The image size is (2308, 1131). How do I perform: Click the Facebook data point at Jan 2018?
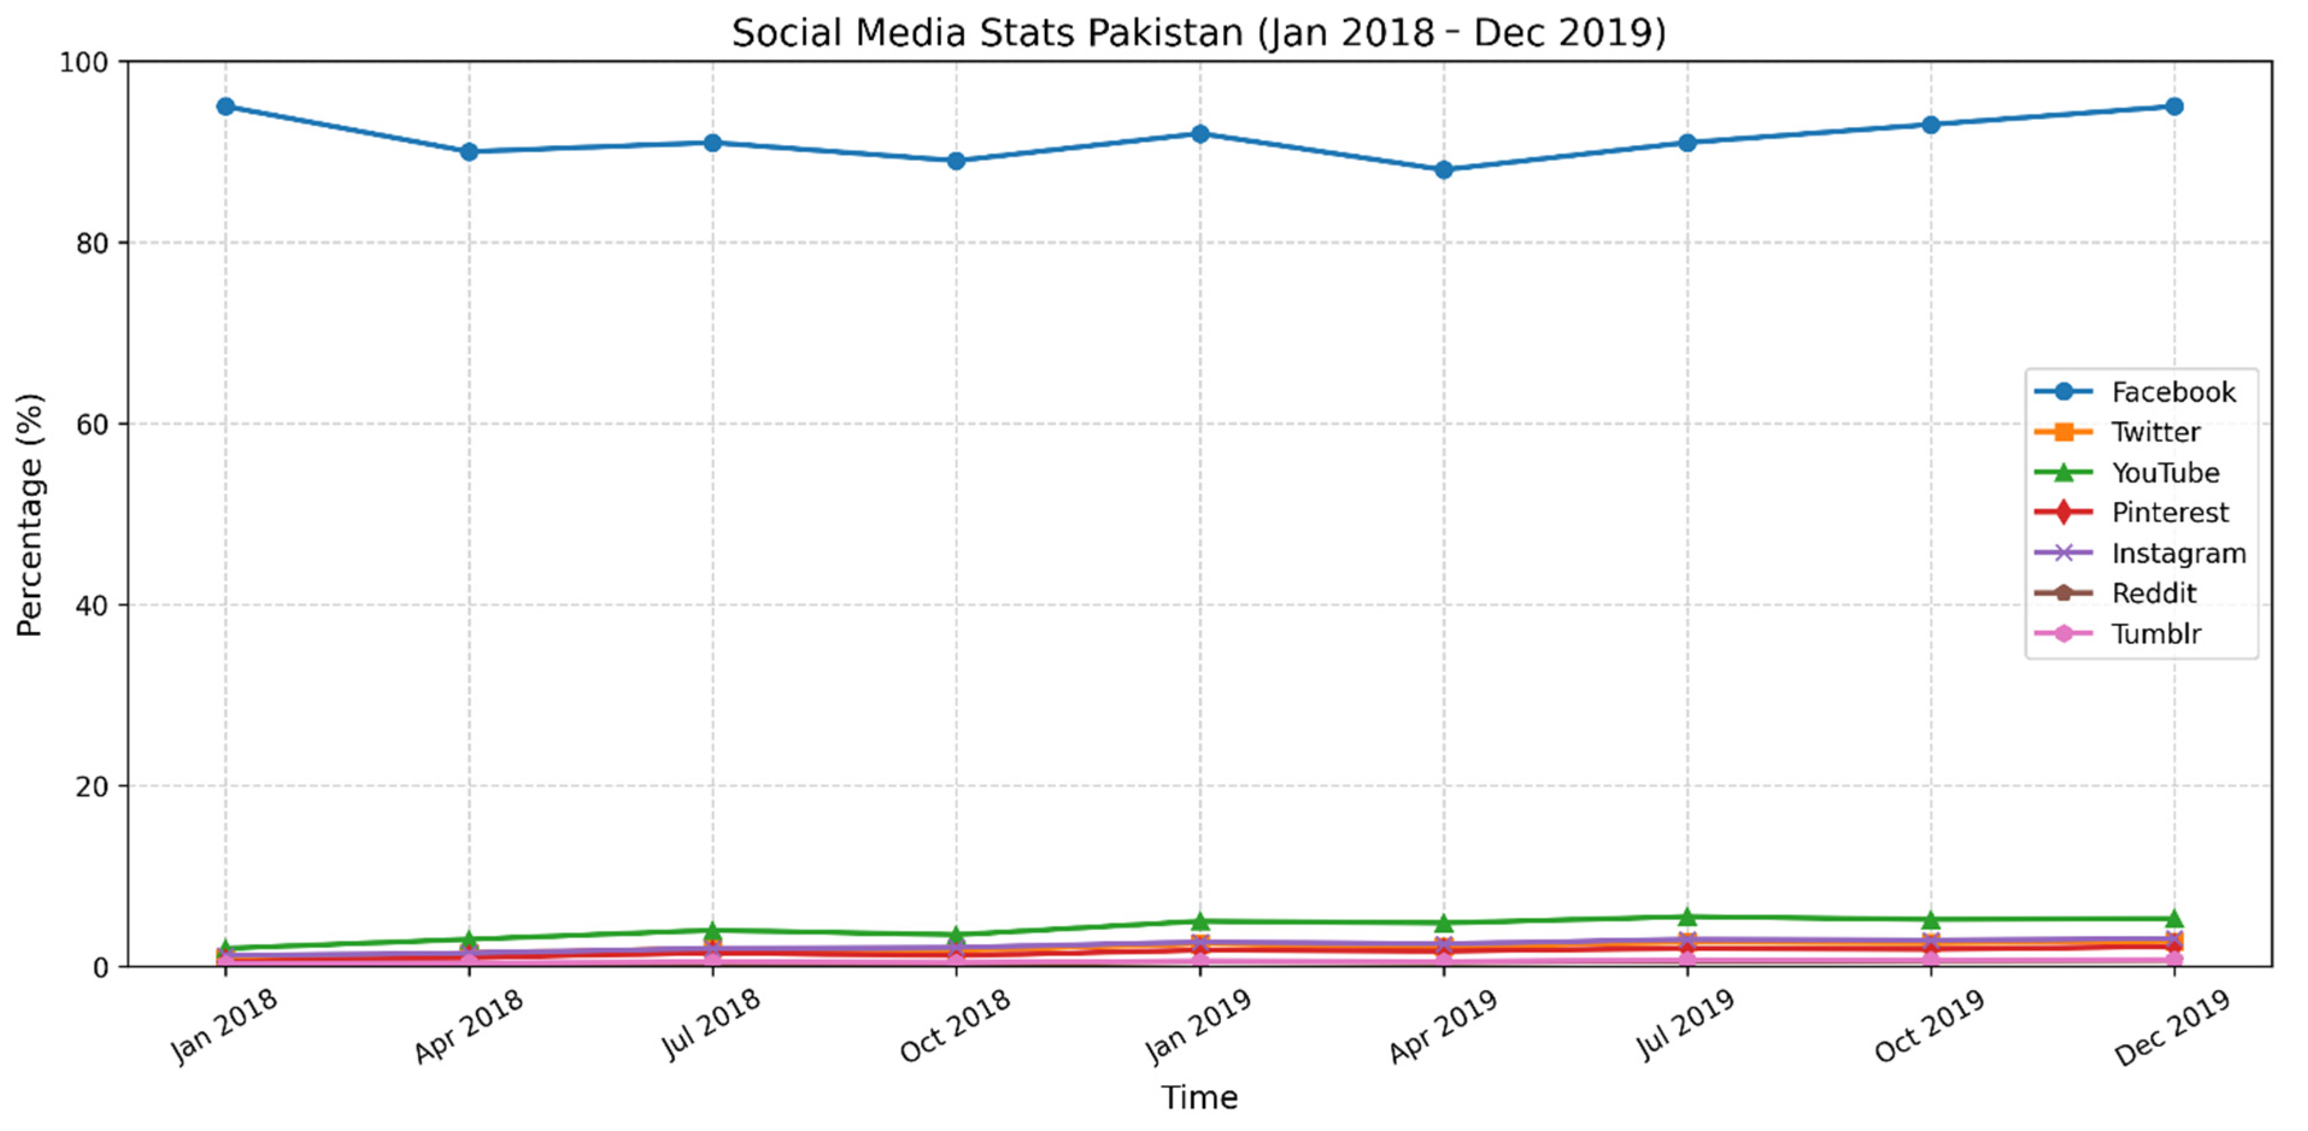click(x=226, y=107)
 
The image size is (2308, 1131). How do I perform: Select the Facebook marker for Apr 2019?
click(x=1443, y=169)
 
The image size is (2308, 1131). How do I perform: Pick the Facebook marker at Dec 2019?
click(x=2174, y=107)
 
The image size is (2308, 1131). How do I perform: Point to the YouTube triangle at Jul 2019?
click(x=1687, y=917)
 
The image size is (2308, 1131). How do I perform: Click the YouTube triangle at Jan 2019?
click(x=1200, y=921)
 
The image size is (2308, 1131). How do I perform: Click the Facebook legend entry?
click(x=2172, y=392)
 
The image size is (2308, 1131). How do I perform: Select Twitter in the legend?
click(x=2155, y=432)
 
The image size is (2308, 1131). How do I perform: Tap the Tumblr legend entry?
click(x=2155, y=634)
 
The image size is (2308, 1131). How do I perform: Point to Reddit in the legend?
click(x=2153, y=594)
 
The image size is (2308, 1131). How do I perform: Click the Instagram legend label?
click(x=2178, y=553)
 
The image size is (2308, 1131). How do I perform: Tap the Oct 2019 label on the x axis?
click(x=1929, y=1026)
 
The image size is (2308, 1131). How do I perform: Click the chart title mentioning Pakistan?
click(x=1199, y=33)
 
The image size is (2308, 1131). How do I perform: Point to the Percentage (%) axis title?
click(x=30, y=515)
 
